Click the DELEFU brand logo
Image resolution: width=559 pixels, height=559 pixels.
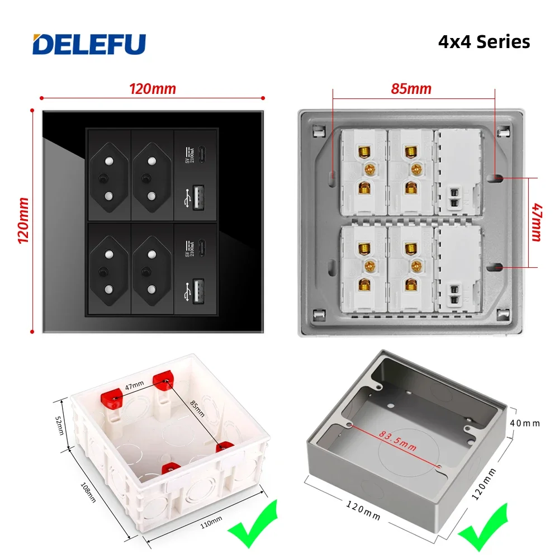[89, 44]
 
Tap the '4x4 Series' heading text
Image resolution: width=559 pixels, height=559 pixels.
[484, 42]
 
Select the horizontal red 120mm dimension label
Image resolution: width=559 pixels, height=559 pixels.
[152, 89]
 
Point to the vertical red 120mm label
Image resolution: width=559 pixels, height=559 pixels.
[23, 221]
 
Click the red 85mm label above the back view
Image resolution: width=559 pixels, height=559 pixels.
[411, 89]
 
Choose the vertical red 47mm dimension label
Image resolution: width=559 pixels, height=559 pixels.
[537, 222]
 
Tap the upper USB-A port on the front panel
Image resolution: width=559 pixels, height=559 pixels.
[198, 197]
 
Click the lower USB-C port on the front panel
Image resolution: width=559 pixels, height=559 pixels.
[201, 248]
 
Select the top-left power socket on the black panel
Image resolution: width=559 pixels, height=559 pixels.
[109, 177]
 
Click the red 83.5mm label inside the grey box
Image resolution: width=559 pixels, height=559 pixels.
[397, 441]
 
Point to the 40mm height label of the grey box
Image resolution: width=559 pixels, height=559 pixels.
[525, 423]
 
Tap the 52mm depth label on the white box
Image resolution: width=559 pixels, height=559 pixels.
[60, 425]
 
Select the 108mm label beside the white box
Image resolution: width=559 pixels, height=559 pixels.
[88, 492]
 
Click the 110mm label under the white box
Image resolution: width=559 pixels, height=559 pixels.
[211, 522]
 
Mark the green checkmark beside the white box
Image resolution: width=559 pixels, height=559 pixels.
[253, 524]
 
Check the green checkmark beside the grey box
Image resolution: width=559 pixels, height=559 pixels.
[484, 528]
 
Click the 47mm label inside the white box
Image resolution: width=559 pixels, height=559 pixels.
[134, 385]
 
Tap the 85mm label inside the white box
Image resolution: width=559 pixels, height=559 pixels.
[197, 409]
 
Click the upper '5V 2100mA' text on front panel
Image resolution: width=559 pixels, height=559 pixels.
[190, 155]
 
